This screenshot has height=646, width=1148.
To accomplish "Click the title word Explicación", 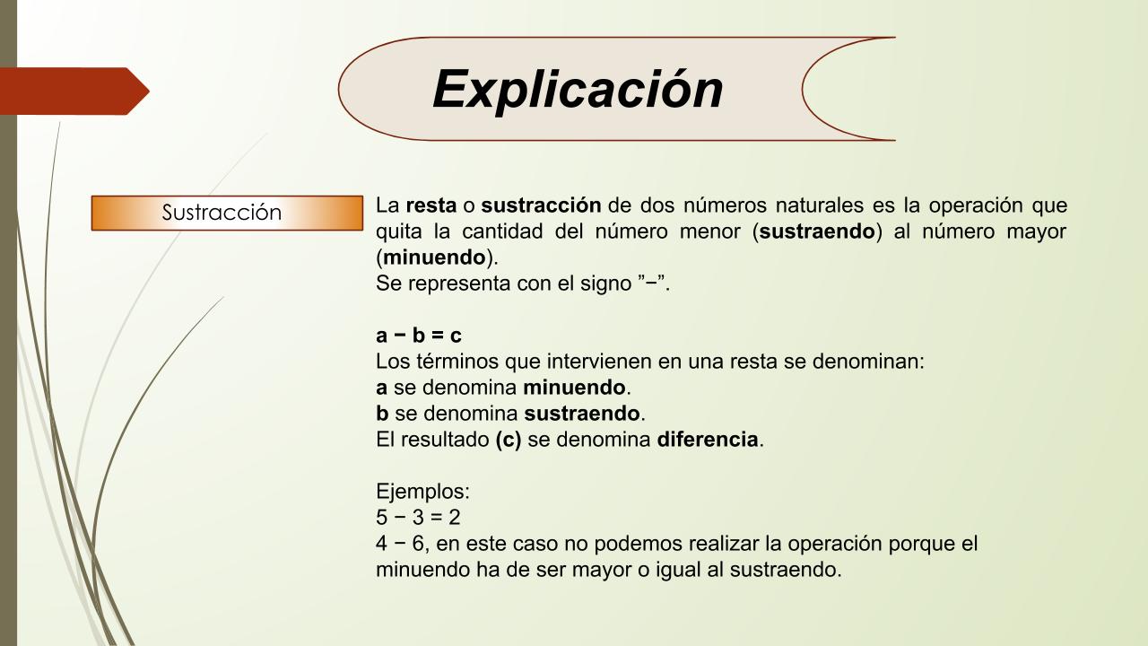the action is (x=578, y=91).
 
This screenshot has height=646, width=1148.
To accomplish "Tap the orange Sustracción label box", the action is (x=227, y=213).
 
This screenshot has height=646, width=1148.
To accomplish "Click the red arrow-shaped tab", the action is (x=74, y=92).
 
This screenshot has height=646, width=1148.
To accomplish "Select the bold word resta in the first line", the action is (x=431, y=205).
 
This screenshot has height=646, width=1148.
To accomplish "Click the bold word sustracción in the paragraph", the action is (x=541, y=205).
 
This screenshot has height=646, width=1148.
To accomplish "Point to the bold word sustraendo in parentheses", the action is (x=817, y=231).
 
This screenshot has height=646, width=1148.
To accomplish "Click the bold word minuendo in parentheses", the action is (x=434, y=258).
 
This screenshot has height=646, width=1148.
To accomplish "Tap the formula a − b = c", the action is (x=418, y=336).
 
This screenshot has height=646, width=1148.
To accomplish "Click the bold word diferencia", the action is (x=708, y=440).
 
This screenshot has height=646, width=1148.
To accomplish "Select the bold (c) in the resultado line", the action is (x=508, y=440).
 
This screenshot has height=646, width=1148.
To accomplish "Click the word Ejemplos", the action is (x=422, y=492).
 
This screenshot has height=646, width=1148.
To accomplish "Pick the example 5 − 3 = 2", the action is (x=418, y=518).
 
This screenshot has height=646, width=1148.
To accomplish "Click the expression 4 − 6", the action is (x=400, y=544).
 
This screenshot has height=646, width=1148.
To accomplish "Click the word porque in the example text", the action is (x=920, y=545).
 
